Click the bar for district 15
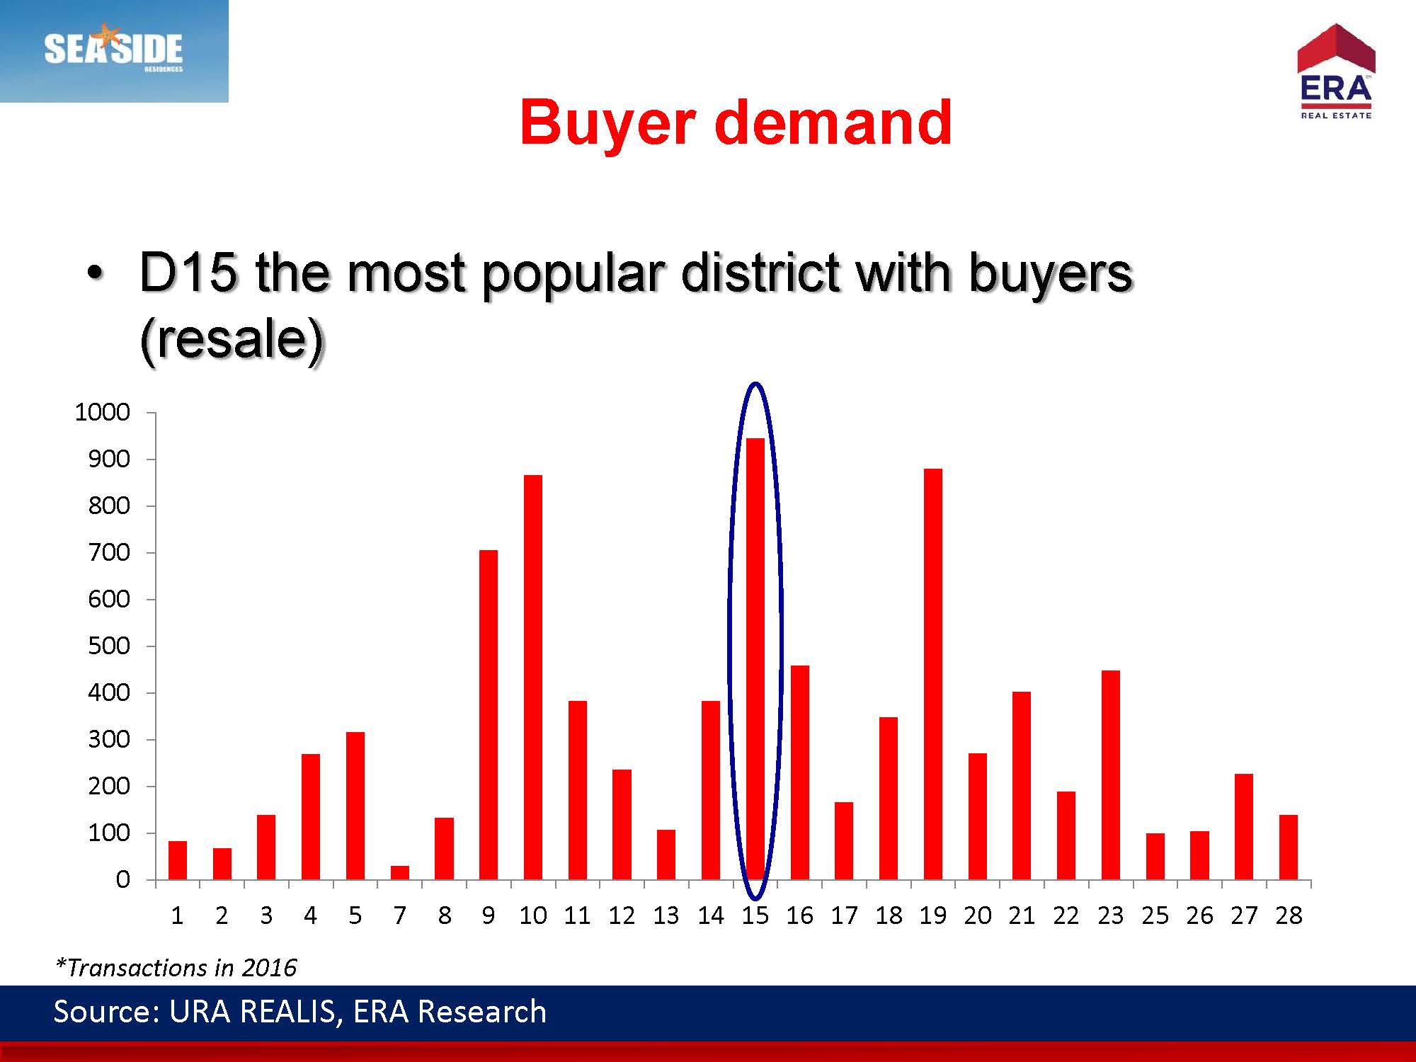[x=755, y=658]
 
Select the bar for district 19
[x=933, y=674]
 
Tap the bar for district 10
[x=533, y=677]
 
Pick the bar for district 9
[x=489, y=714]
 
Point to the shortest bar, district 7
[x=400, y=872]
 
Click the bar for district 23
[x=1111, y=775]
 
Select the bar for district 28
[x=1289, y=847]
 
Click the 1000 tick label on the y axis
[x=103, y=412]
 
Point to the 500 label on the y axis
[x=109, y=646]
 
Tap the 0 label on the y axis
[x=123, y=879]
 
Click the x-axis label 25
[x=1155, y=915]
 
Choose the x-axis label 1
[x=177, y=915]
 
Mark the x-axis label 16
[x=799, y=915]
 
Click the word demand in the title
[x=833, y=122]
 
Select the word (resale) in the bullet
[x=232, y=340]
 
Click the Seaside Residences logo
[x=114, y=51]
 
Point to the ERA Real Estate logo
[x=1336, y=72]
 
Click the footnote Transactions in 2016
[x=176, y=967]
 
